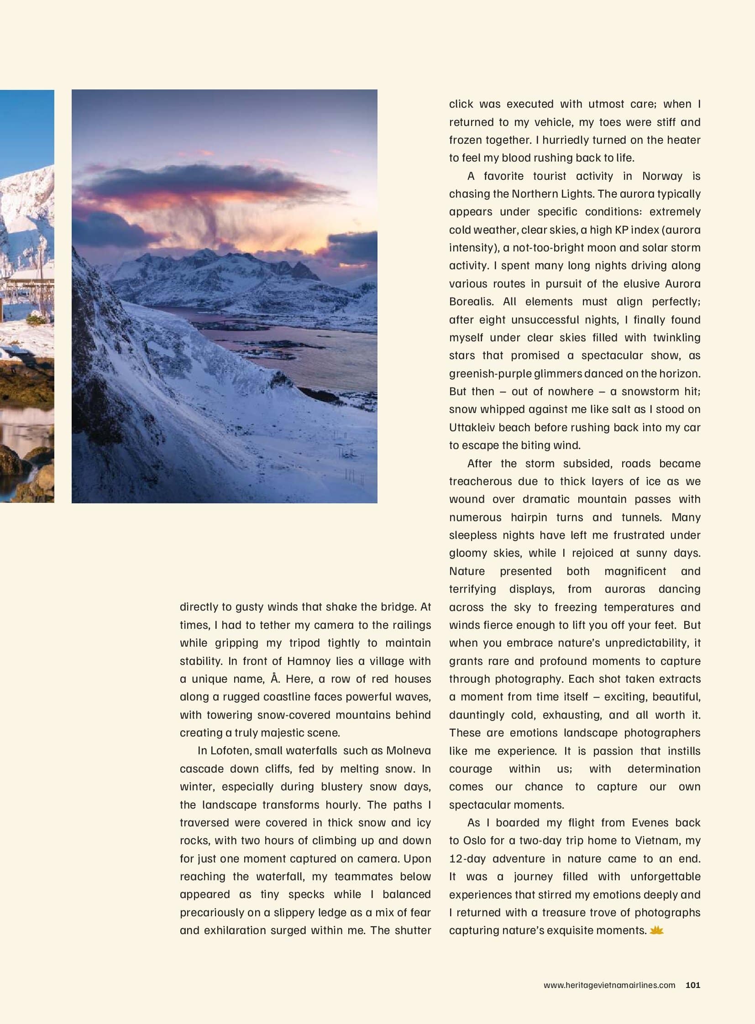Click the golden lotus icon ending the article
[656, 930]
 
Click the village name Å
[275, 679]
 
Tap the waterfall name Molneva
[408, 750]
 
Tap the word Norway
[662, 176]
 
